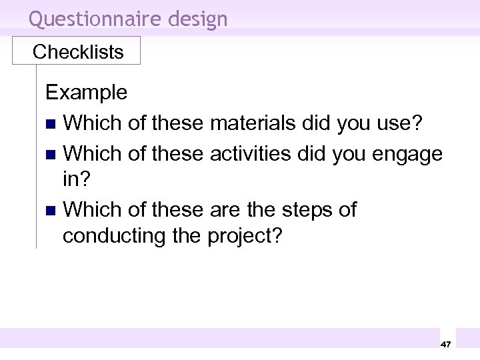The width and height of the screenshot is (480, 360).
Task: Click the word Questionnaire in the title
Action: click(95, 19)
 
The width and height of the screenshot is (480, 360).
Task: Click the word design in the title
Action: click(198, 19)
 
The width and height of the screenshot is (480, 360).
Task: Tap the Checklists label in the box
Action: click(78, 52)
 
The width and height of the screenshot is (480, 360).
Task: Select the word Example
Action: click(86, 92)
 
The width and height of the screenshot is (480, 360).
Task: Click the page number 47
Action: click(446, 344)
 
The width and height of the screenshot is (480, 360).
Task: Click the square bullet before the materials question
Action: click(51, 124)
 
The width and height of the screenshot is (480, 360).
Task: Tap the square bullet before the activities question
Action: click(51, 155)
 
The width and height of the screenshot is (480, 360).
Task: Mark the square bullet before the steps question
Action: click(51, 211)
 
